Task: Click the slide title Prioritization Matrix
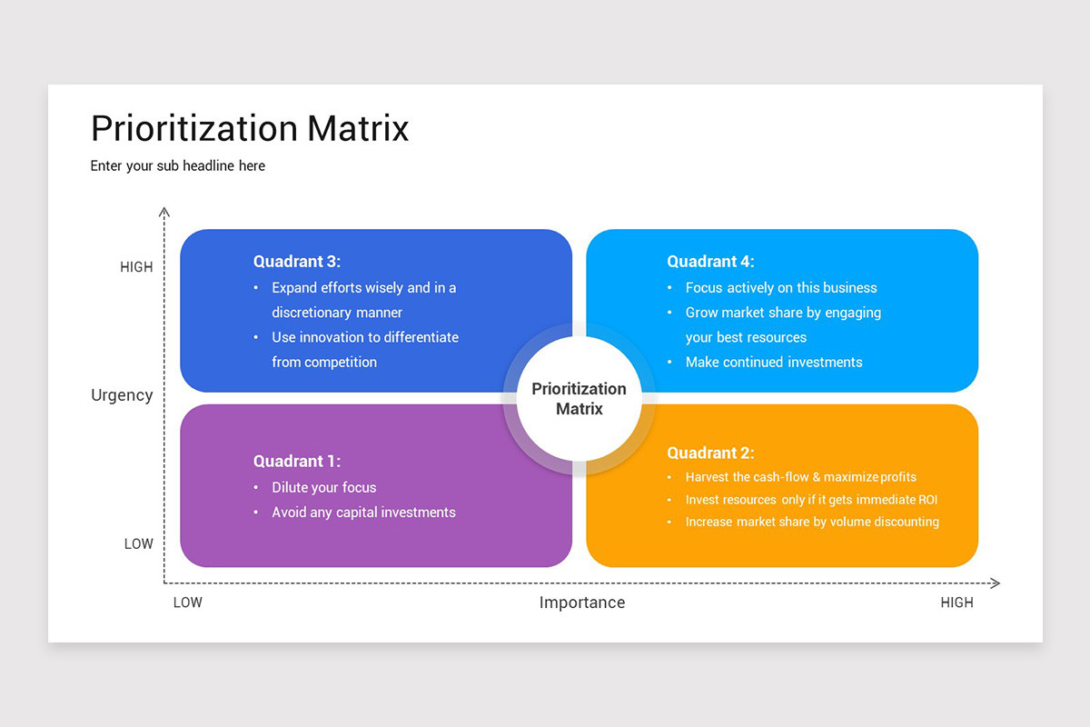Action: click(x=250, y=128)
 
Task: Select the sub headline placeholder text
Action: click(x=178, y=165)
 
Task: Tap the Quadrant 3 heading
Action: click(x=297, y=262)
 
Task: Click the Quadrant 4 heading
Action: click(x=710, y=262)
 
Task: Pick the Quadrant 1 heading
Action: click(x=297, y=461)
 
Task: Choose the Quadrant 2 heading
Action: click(x=710, y=453)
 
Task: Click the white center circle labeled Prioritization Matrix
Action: click(x=579, y=399)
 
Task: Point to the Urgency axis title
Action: click(x=122, y=395)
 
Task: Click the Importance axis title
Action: click(x=582, y=603)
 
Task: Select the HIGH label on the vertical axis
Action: click(x=136, y=267)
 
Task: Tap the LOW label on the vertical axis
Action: click(x=139, y=543)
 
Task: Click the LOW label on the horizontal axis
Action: click(x=188, y=603)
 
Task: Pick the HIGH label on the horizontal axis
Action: click(x=956, y=603)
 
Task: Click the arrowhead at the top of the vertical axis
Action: click(x=164, y=212)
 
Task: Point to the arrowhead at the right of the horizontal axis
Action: click(x=995, y=583)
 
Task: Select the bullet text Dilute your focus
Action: click(x=323, y=487)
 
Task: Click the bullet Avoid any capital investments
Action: click(x=363, y=513)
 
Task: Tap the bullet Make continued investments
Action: click(x=774, y=362)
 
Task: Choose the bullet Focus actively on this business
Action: click(x=781, y=287)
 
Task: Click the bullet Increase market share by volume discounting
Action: click(x=812, y=522)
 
